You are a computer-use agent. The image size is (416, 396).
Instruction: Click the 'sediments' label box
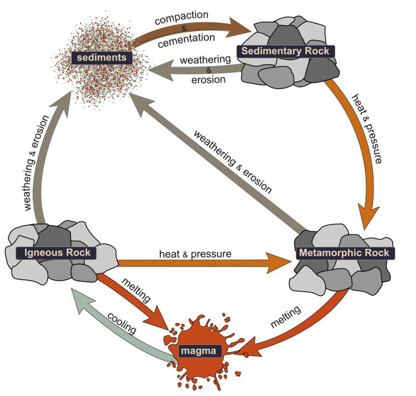(x=102, y=57)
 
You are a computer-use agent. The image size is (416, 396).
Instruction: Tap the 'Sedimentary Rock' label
(x=285, y=51)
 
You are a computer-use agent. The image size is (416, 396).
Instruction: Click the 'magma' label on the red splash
(x=198, y=351)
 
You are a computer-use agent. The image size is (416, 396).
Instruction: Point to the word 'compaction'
(x=181, y=18)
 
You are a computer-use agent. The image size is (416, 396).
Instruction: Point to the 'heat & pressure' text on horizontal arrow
(x=195, y=253)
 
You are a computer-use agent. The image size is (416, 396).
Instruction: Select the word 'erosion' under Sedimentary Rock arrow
(x=208, y=79)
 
